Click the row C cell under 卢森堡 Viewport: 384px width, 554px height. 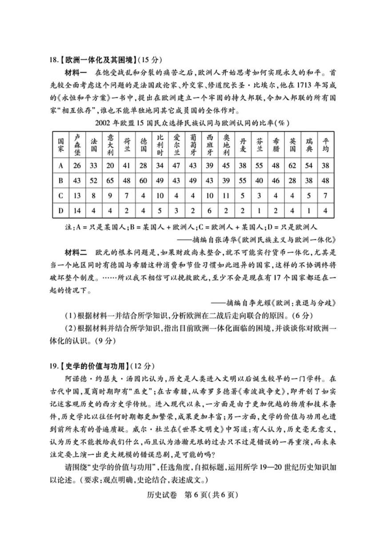point(77,196)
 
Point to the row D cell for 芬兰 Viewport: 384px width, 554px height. point(259,211)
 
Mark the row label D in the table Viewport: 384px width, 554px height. point(60,211)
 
